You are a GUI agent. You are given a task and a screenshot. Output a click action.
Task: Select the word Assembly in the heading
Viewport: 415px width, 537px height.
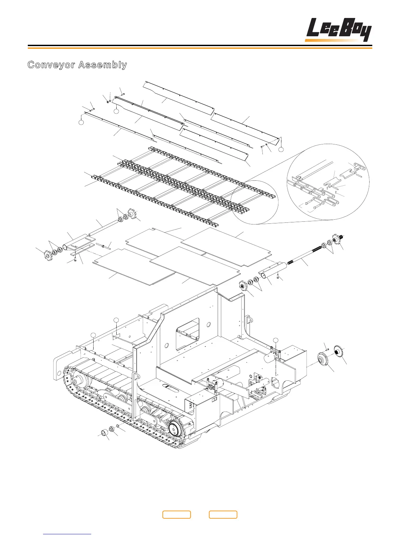click(102, 65)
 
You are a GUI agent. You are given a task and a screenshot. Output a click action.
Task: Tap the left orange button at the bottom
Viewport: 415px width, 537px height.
click(176, 515)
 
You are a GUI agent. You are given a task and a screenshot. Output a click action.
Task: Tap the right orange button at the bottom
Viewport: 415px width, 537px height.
click(223, 515)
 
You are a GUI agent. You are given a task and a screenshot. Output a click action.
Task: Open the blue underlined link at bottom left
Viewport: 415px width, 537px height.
click(67, 534)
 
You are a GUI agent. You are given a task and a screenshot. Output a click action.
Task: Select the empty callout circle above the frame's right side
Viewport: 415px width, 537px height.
click(275, 340)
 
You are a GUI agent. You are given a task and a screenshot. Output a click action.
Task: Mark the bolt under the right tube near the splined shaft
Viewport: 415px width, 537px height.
click(277, 277)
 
